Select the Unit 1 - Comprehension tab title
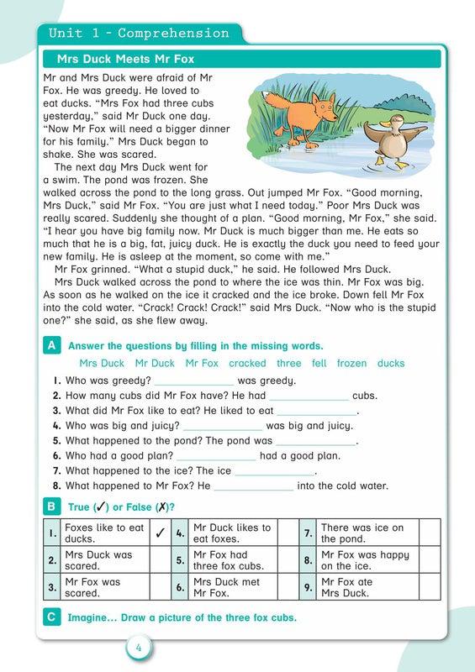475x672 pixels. pos(139,34)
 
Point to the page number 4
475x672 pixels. pos(139,648)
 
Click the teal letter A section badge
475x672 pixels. pos(52,345)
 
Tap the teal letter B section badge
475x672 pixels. pos(52,507)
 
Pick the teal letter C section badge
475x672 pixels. pos(52,617)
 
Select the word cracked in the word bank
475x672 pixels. pos(247,364)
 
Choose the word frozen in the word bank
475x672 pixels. pos(351,364)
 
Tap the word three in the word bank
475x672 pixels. pos(288,364)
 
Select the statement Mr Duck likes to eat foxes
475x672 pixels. pos(233,533)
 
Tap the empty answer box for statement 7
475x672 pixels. pos(429,533)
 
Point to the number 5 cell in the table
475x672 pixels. pos(180,559)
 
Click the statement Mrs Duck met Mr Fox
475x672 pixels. pos(233,585)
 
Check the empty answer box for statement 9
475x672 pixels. pos(429,585)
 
